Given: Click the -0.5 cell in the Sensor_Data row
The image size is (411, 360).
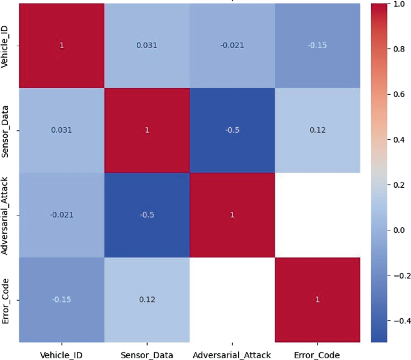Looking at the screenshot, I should [232, 131].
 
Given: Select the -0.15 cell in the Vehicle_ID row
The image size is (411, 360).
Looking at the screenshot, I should [319, 46].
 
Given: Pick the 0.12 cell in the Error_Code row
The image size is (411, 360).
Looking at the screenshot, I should [146, 299].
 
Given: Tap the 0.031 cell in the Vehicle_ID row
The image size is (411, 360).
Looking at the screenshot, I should [146, 46].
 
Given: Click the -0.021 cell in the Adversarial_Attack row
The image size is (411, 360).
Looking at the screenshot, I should [61, 215].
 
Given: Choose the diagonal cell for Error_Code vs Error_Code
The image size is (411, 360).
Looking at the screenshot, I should [319, 299].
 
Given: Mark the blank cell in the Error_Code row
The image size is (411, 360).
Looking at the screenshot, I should [232, 299].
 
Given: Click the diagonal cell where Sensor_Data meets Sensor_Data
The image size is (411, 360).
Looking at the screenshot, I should [146, 131].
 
